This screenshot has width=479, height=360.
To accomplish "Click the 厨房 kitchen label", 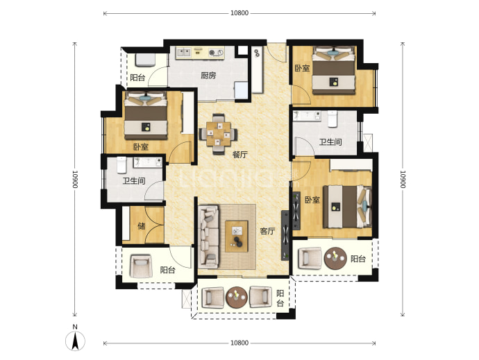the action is (208, 75).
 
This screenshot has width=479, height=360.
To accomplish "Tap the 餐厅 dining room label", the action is (239, 155).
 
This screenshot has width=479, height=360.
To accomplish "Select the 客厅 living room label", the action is (267, 231).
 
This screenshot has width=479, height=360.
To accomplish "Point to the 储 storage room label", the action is (141, 226).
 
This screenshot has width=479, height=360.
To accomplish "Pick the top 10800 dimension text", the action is (239, 13).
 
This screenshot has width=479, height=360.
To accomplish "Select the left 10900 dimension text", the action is (75, 179).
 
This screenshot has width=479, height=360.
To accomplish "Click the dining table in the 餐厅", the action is (218, 133).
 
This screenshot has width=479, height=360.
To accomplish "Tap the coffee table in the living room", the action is (237, 236).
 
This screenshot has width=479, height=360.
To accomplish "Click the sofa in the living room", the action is (209, 237).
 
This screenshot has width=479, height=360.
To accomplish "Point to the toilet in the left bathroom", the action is (121, 164).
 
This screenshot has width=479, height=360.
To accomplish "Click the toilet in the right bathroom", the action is (332, 119).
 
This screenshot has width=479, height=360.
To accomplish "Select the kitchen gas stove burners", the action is (216, 53).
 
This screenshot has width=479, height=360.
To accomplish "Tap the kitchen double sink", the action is (183, 53).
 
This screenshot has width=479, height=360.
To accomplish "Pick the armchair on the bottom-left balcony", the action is (141, 266).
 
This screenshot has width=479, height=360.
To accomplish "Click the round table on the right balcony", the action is (335, 258).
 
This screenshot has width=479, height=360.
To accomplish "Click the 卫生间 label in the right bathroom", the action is (330, 142).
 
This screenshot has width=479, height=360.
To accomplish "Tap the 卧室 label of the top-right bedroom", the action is (302, 68).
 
